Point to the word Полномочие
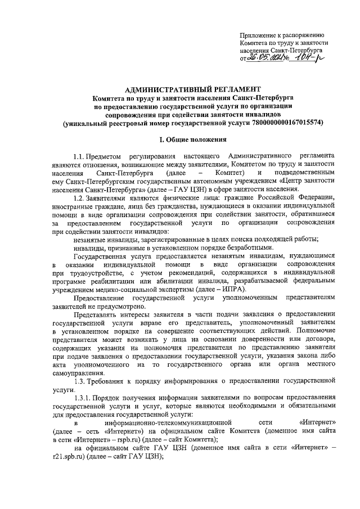[316, 331]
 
